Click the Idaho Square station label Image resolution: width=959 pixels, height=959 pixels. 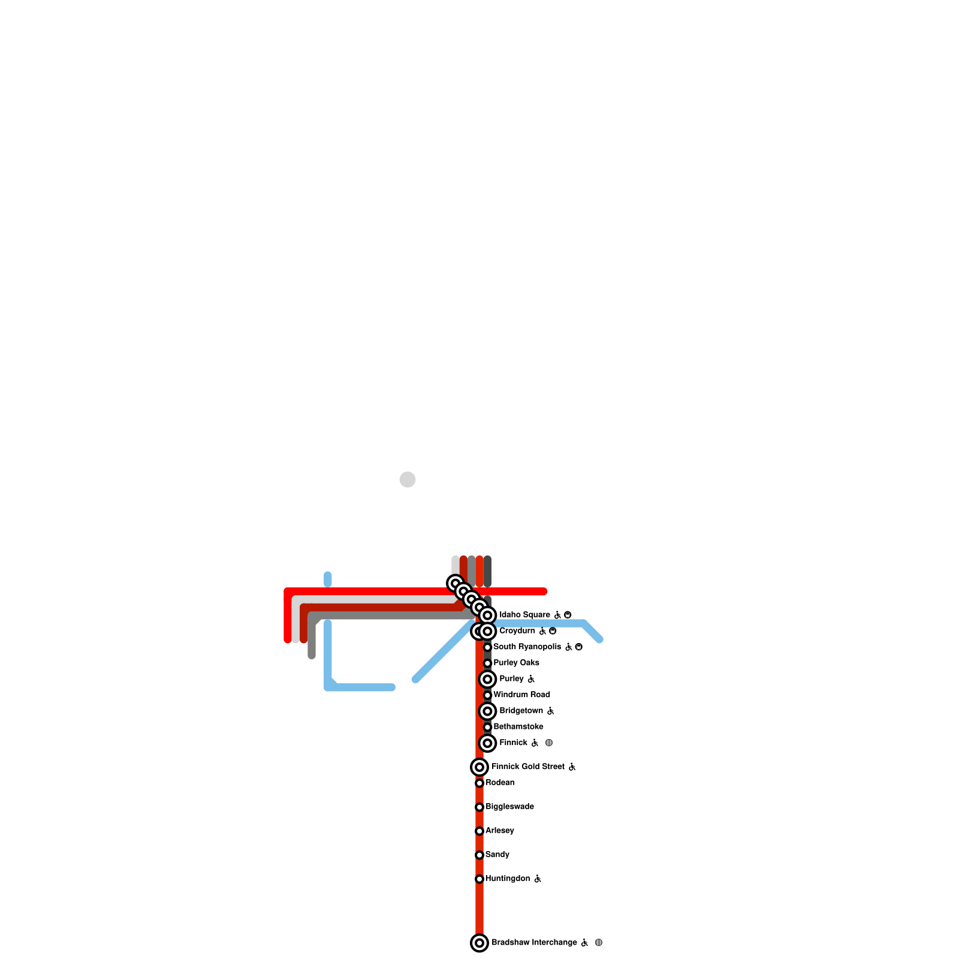pos(524,615)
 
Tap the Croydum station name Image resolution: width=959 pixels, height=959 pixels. pos(517,631)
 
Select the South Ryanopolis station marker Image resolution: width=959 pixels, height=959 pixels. pos(488,647)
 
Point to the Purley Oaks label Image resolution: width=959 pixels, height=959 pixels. pos(516,663)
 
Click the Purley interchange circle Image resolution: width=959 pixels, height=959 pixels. pos(488,679)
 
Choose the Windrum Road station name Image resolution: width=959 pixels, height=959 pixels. pos(521,695)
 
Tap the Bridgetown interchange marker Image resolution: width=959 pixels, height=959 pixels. pos(488,711)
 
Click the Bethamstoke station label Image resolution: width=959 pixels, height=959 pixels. pos(518,727)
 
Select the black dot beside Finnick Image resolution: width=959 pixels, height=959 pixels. pos(548,743)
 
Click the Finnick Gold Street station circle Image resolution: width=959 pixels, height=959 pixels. pos(479,767)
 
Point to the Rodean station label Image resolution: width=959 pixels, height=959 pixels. pos(500,783)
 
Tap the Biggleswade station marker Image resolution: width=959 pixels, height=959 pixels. pos(479,807)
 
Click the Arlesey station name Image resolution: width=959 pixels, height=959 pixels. pos(499,831)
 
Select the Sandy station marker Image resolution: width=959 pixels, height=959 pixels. pos(479,855)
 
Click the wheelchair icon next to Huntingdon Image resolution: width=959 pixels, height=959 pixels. pos(538,879)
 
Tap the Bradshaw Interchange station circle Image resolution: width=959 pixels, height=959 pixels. pos(479,943)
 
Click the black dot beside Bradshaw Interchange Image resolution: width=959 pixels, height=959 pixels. pos(598,943)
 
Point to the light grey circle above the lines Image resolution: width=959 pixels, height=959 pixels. pos(408,479)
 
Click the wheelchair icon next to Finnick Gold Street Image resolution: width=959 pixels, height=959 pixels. pos(572,767)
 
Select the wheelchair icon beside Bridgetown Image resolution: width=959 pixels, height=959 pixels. pos(550,711)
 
